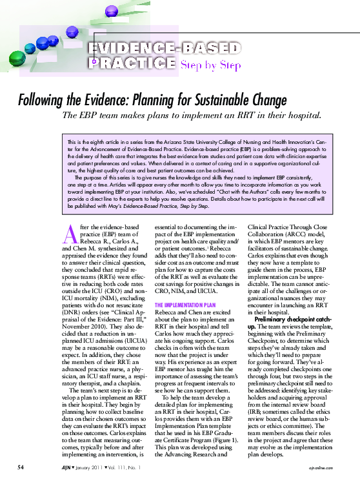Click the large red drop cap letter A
click(x=75, y=234)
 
